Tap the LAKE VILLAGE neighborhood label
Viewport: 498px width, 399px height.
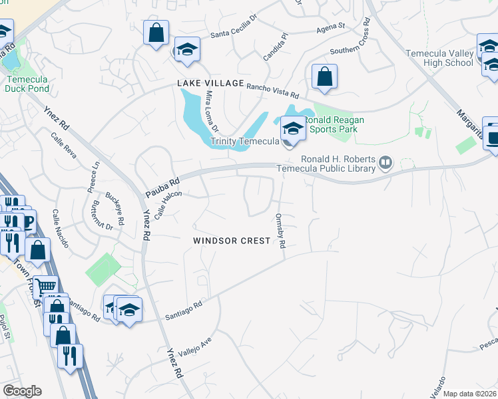(x=210, y=82)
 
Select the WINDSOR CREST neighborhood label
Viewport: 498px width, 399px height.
(x=232, y=241)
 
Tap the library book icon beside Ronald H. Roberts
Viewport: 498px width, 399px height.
(x=385, y=162)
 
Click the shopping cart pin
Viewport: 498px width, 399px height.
(x=45, y=287)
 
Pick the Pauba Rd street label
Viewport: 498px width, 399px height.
(x=163, y=187)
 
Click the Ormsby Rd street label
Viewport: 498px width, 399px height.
(x=280, y=230)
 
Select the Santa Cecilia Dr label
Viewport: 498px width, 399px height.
(x=232, y=29)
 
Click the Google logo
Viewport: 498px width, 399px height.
(x=22, y=391)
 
